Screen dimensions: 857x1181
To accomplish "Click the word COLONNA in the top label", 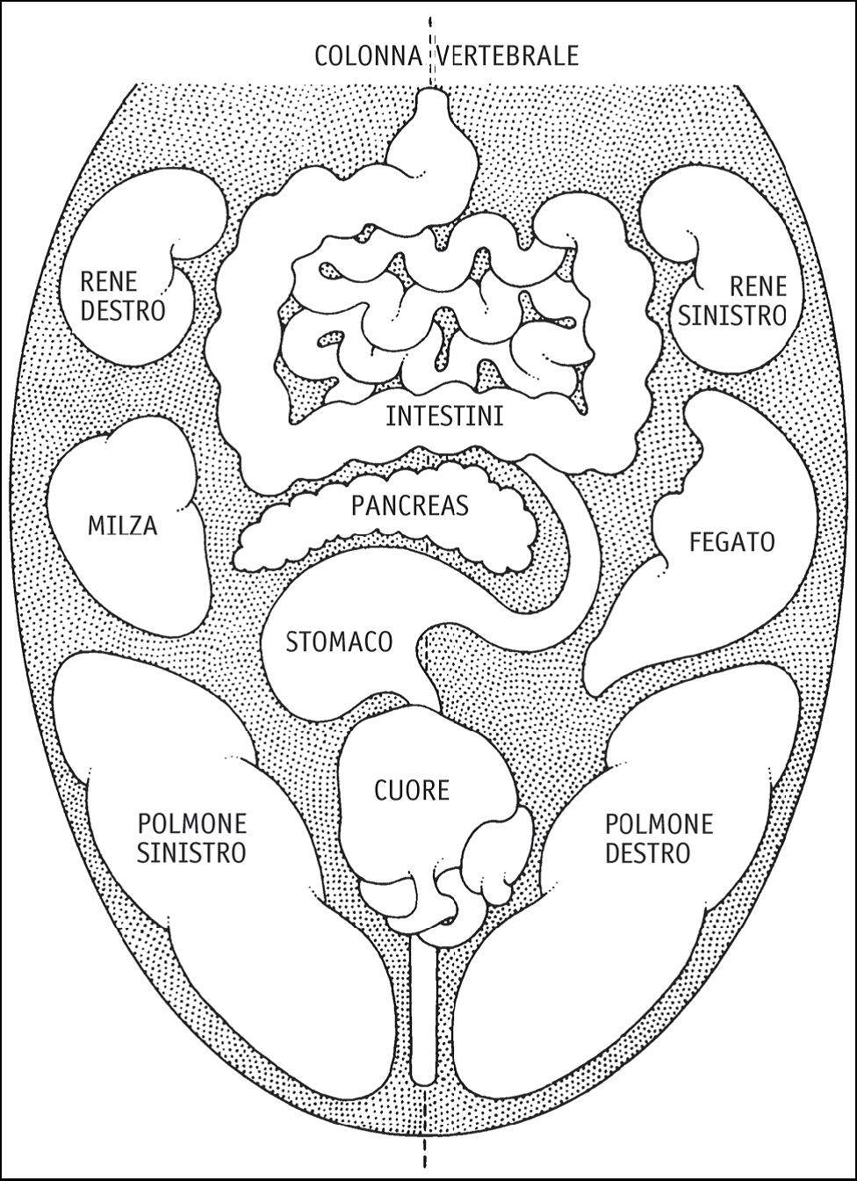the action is (x=368, y=56).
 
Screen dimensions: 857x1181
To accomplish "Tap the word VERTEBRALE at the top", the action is (x=508, y=56).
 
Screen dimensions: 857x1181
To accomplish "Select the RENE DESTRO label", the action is (x=123, y=296).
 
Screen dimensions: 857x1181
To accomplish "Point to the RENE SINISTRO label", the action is (x=732, y=301).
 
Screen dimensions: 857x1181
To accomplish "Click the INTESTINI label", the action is (x=445, y=417).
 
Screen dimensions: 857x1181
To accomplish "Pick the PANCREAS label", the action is (x=410, y=505).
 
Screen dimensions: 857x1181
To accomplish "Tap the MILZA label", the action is (x=123, y=525).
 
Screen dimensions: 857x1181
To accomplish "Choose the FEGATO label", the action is (x=732, y=542).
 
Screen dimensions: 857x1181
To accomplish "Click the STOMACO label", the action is (x=339, y=642).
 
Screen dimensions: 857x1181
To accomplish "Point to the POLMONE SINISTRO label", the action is (x=191, y=838).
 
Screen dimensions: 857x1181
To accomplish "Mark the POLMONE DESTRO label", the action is (x=659, y=838).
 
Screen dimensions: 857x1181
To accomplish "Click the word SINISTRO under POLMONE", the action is (x=191, y=852).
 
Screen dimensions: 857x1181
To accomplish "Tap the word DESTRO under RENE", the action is (x=123, y=310).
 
